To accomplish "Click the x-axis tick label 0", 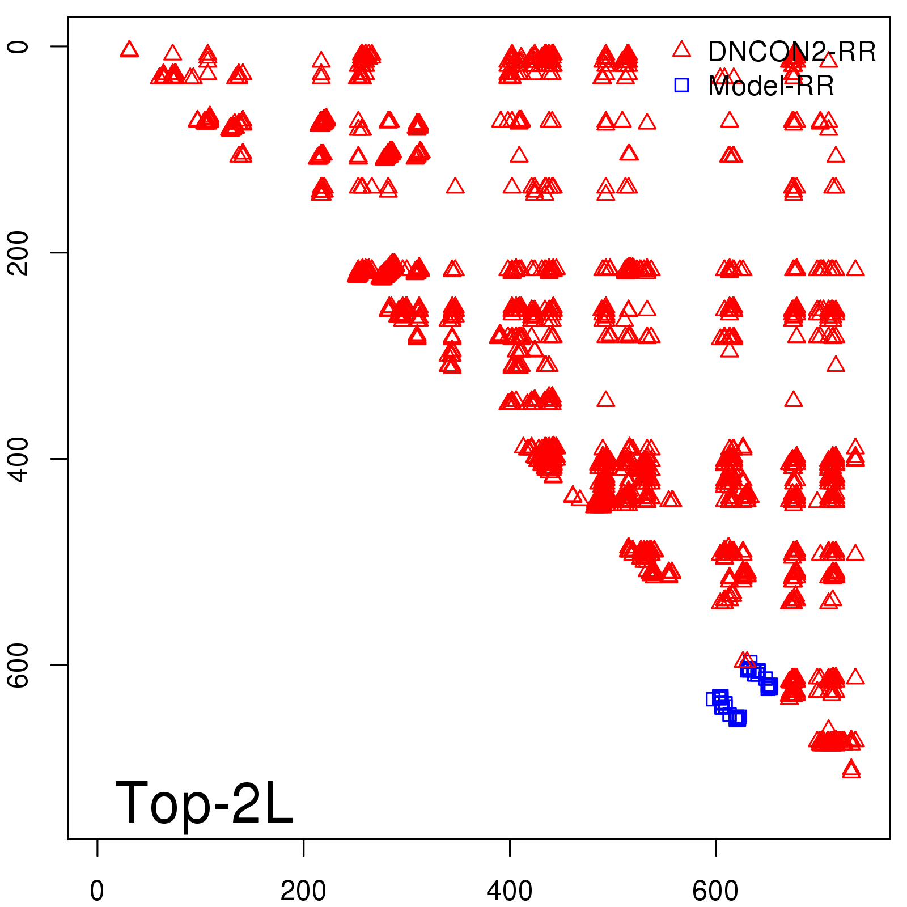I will tap(97, 891).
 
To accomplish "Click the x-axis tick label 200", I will tap(303, 891).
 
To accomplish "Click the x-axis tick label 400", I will tap(510, 891).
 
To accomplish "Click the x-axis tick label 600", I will tap(715, 891).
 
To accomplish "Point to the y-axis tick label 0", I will tap(18, 46).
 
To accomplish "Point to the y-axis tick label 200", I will tap(18, 252).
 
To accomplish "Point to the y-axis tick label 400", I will tap(18, 459).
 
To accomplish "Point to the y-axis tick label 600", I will tap(18, 664).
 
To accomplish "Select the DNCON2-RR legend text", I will tap(791, 52).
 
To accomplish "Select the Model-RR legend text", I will tap(771, 86).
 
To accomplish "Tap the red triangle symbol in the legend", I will tap(681, 50).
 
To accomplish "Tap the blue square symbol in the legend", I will tap(681, 85).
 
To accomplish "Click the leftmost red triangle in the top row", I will tap(129, 50).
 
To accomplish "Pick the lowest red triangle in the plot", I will tap(851, 770).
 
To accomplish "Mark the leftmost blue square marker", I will tap(713, 699).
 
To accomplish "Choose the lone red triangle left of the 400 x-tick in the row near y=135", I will tap(455, 186).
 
